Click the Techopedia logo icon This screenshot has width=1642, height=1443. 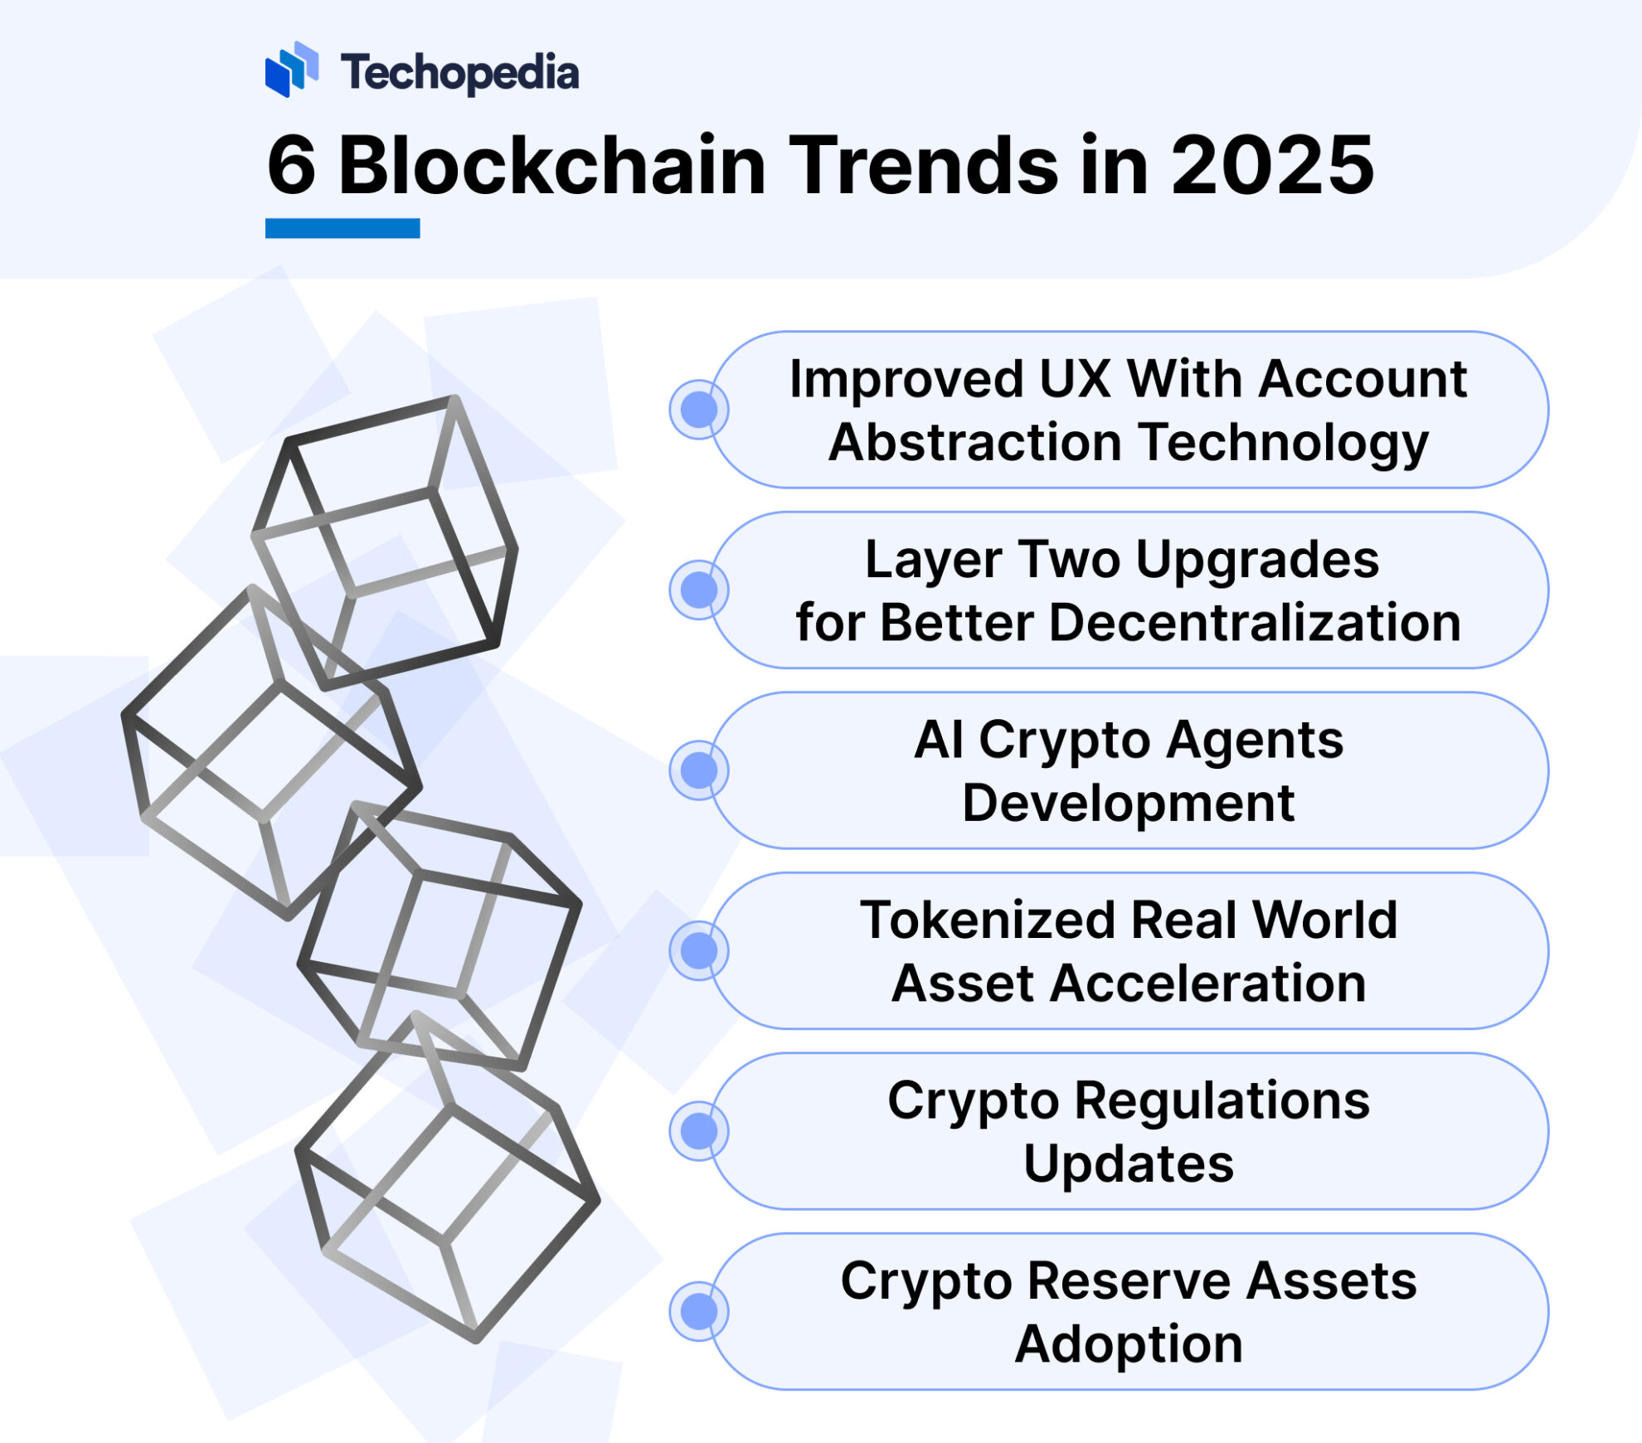[x=291, y=69]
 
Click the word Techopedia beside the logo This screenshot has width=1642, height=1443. [x=459, y=73]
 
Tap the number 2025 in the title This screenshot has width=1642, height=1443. [x=1272, y=167]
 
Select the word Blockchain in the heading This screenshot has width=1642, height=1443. [x=551, y=167]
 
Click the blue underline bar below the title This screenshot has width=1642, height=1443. [x=342, y=228]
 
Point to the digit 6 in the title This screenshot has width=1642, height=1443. [x=291, y=167]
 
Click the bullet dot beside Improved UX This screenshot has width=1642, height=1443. [x=698, y=409]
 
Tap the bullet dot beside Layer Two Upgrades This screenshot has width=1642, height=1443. [x=698, y=590]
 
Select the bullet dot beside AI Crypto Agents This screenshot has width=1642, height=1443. [x=698, y=770]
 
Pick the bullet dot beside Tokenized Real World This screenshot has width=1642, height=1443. [x=698, y=950]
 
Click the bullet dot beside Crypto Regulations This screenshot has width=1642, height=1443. [x=698, y=1130]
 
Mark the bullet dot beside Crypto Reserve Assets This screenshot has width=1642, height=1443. [x=698, y=1311]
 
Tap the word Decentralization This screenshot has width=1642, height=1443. [x=1254, y=623]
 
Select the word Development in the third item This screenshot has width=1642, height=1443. [x=1128, y=803]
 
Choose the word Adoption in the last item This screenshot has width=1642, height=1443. [x=1128, y=1344]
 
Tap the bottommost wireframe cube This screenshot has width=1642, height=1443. [x=448, y=1178]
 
